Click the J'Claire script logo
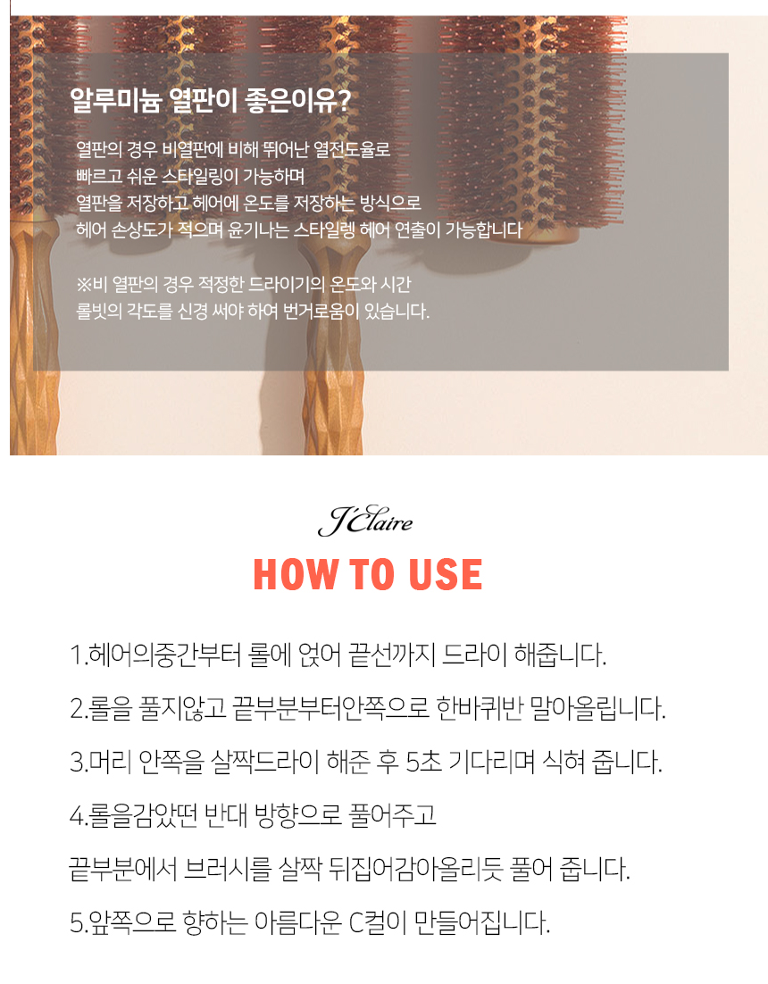[365, 521]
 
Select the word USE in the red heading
[445, 574]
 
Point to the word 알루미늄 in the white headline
[115, 100]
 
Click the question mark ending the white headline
[343, 100]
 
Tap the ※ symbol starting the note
[84, 285]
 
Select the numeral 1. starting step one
[79, 655]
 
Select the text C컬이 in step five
[378, 922]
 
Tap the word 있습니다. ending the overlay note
[397, 312]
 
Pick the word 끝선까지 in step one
[392, 655]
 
